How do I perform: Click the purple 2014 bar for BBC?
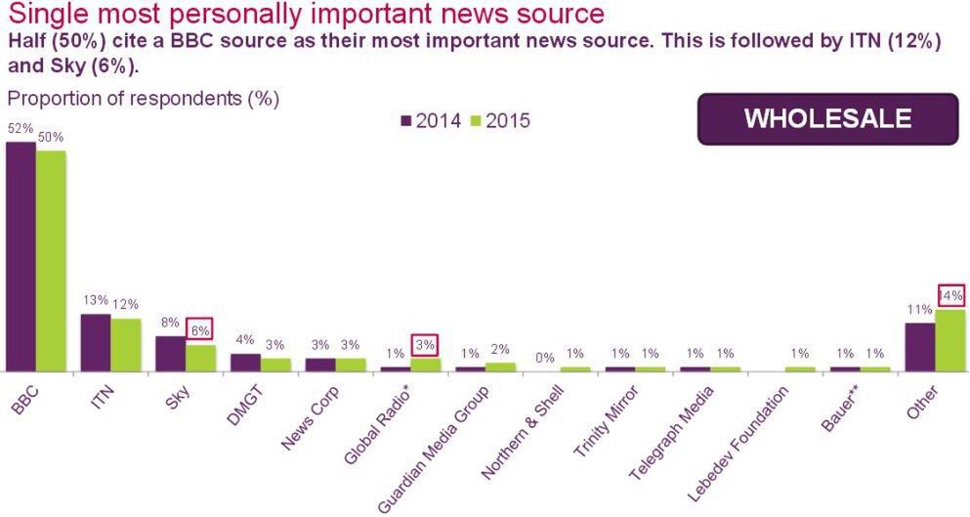(x=21, y=256)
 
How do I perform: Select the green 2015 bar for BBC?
(x=51, y=261)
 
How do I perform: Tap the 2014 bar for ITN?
(x=95, y=342)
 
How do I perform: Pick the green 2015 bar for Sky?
(x=200, y=358)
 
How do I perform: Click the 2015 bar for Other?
(x=949, y=340)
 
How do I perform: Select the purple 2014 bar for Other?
(x=919, y=347)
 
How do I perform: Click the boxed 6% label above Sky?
(x=200, y=331)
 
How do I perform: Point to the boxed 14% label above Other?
(x=950, y=295)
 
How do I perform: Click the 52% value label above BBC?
(x=21, y=128)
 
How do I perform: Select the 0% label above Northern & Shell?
(x=545, y=358)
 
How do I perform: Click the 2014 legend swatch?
(x=406, y=121)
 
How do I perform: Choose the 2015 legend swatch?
(x=476, y=121)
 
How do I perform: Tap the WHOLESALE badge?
(x=827, y=119)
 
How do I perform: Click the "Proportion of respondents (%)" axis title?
(x=144, y=99)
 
